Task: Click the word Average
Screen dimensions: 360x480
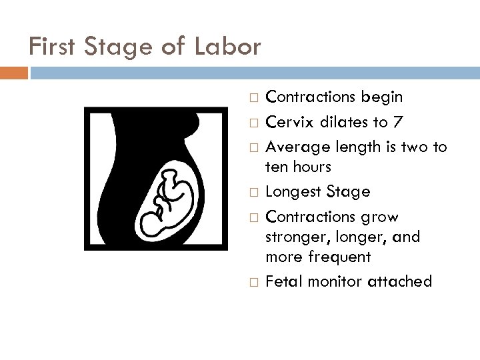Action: pos(295,147)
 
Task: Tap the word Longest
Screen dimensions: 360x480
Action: pos(294,192)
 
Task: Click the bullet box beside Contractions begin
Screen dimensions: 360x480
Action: pos(251,98)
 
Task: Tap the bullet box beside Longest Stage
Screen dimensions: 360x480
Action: pos(251,193)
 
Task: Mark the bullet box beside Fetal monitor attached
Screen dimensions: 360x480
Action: pos(251,282)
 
